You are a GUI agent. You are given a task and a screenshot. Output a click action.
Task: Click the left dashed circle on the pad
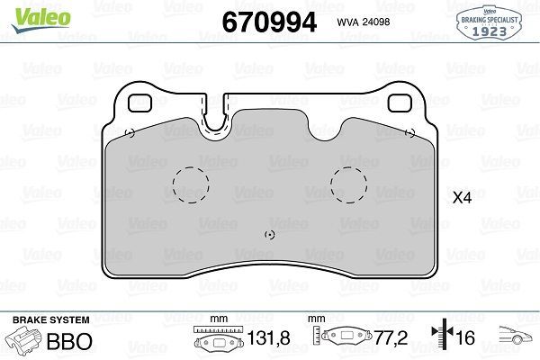coord(190,185)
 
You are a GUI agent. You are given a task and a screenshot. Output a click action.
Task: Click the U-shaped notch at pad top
coord(214,117)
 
